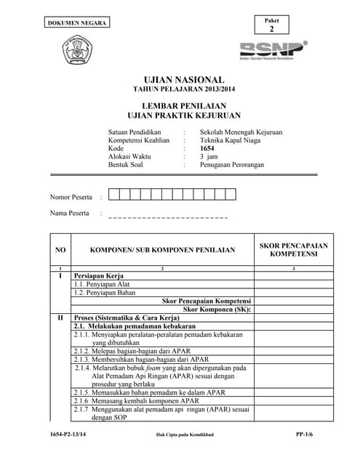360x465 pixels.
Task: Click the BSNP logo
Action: (273, 49)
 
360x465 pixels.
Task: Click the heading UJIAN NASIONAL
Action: (184, 79)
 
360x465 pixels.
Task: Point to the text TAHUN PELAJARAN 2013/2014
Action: (184, 89)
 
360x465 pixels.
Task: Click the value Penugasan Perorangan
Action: (232, 164)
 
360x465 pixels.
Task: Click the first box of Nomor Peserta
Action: (113, 194)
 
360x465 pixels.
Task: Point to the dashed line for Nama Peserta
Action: (167, 217)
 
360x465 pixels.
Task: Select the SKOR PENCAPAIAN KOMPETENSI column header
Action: (293, 250)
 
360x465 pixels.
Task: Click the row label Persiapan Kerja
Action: (100, 276)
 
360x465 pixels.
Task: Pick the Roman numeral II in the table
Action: (60, 318)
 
